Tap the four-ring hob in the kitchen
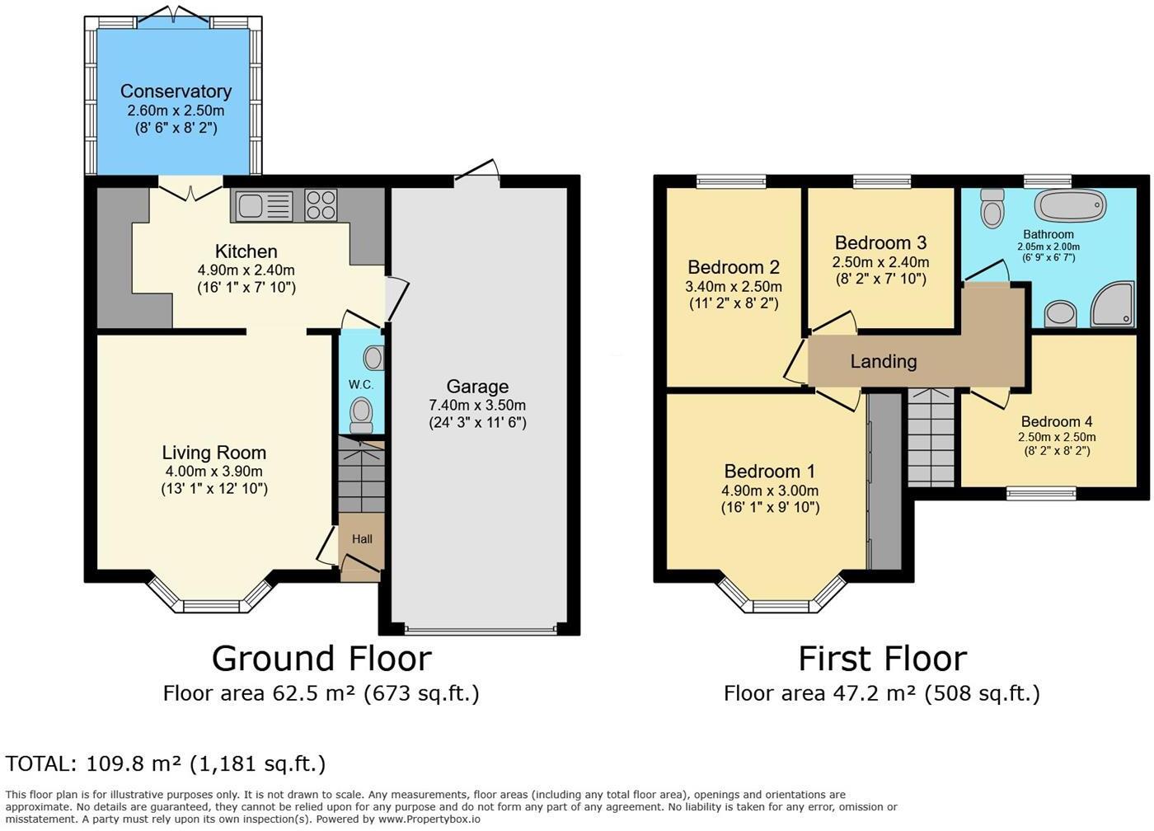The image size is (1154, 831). (321, 205)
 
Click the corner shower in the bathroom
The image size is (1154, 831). (1113, 304)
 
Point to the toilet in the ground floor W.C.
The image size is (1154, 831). (361, 416)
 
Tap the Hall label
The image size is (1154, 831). (362, 539)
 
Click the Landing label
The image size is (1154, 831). (884, 361)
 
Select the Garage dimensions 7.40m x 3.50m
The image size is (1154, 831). (477, 405)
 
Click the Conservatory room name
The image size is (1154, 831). (176, 92)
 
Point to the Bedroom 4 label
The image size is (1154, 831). (1057, 421)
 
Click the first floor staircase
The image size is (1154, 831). (931, 439)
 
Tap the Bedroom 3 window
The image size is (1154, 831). (882, 181)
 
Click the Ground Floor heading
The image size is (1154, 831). (322, 659)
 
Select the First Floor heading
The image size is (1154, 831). (883, 659)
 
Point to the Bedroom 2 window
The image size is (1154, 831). (732, 181)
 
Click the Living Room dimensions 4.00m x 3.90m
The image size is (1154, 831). (213, 471)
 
